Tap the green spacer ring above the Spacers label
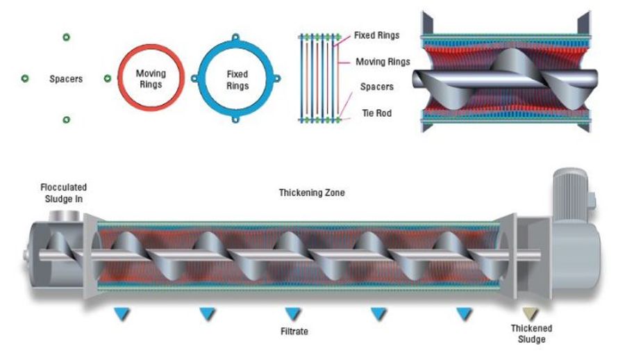coord(66,37)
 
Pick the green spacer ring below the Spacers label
coord(66,120)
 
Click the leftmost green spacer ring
coord(24,79)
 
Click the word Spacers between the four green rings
coord(66,79)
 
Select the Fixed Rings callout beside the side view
coord(376,35)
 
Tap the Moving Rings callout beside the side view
coord(383,62)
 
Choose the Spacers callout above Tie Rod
coord(376,87)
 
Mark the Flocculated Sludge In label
coord(64,193)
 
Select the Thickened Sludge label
coord(531,334)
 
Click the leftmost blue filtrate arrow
coord(123,314)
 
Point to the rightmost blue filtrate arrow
coord(464,314)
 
